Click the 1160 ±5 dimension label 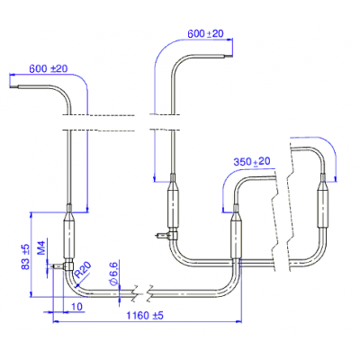[145, 315]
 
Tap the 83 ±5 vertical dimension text [26, 256]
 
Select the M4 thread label [41, 247]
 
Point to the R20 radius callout [83, 269]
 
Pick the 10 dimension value [76, 307]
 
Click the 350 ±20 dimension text [252, 161]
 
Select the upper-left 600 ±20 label [49, 68]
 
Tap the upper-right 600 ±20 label [205, 33]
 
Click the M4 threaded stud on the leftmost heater [58, 265]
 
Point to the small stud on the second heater [162, 236]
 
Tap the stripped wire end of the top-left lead [14, 87]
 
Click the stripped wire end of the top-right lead [229, 56]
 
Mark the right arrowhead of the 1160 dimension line [239, 321]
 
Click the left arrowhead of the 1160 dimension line [56, 321]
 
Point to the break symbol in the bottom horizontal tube [142, 292]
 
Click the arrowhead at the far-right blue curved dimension [336, 179]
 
